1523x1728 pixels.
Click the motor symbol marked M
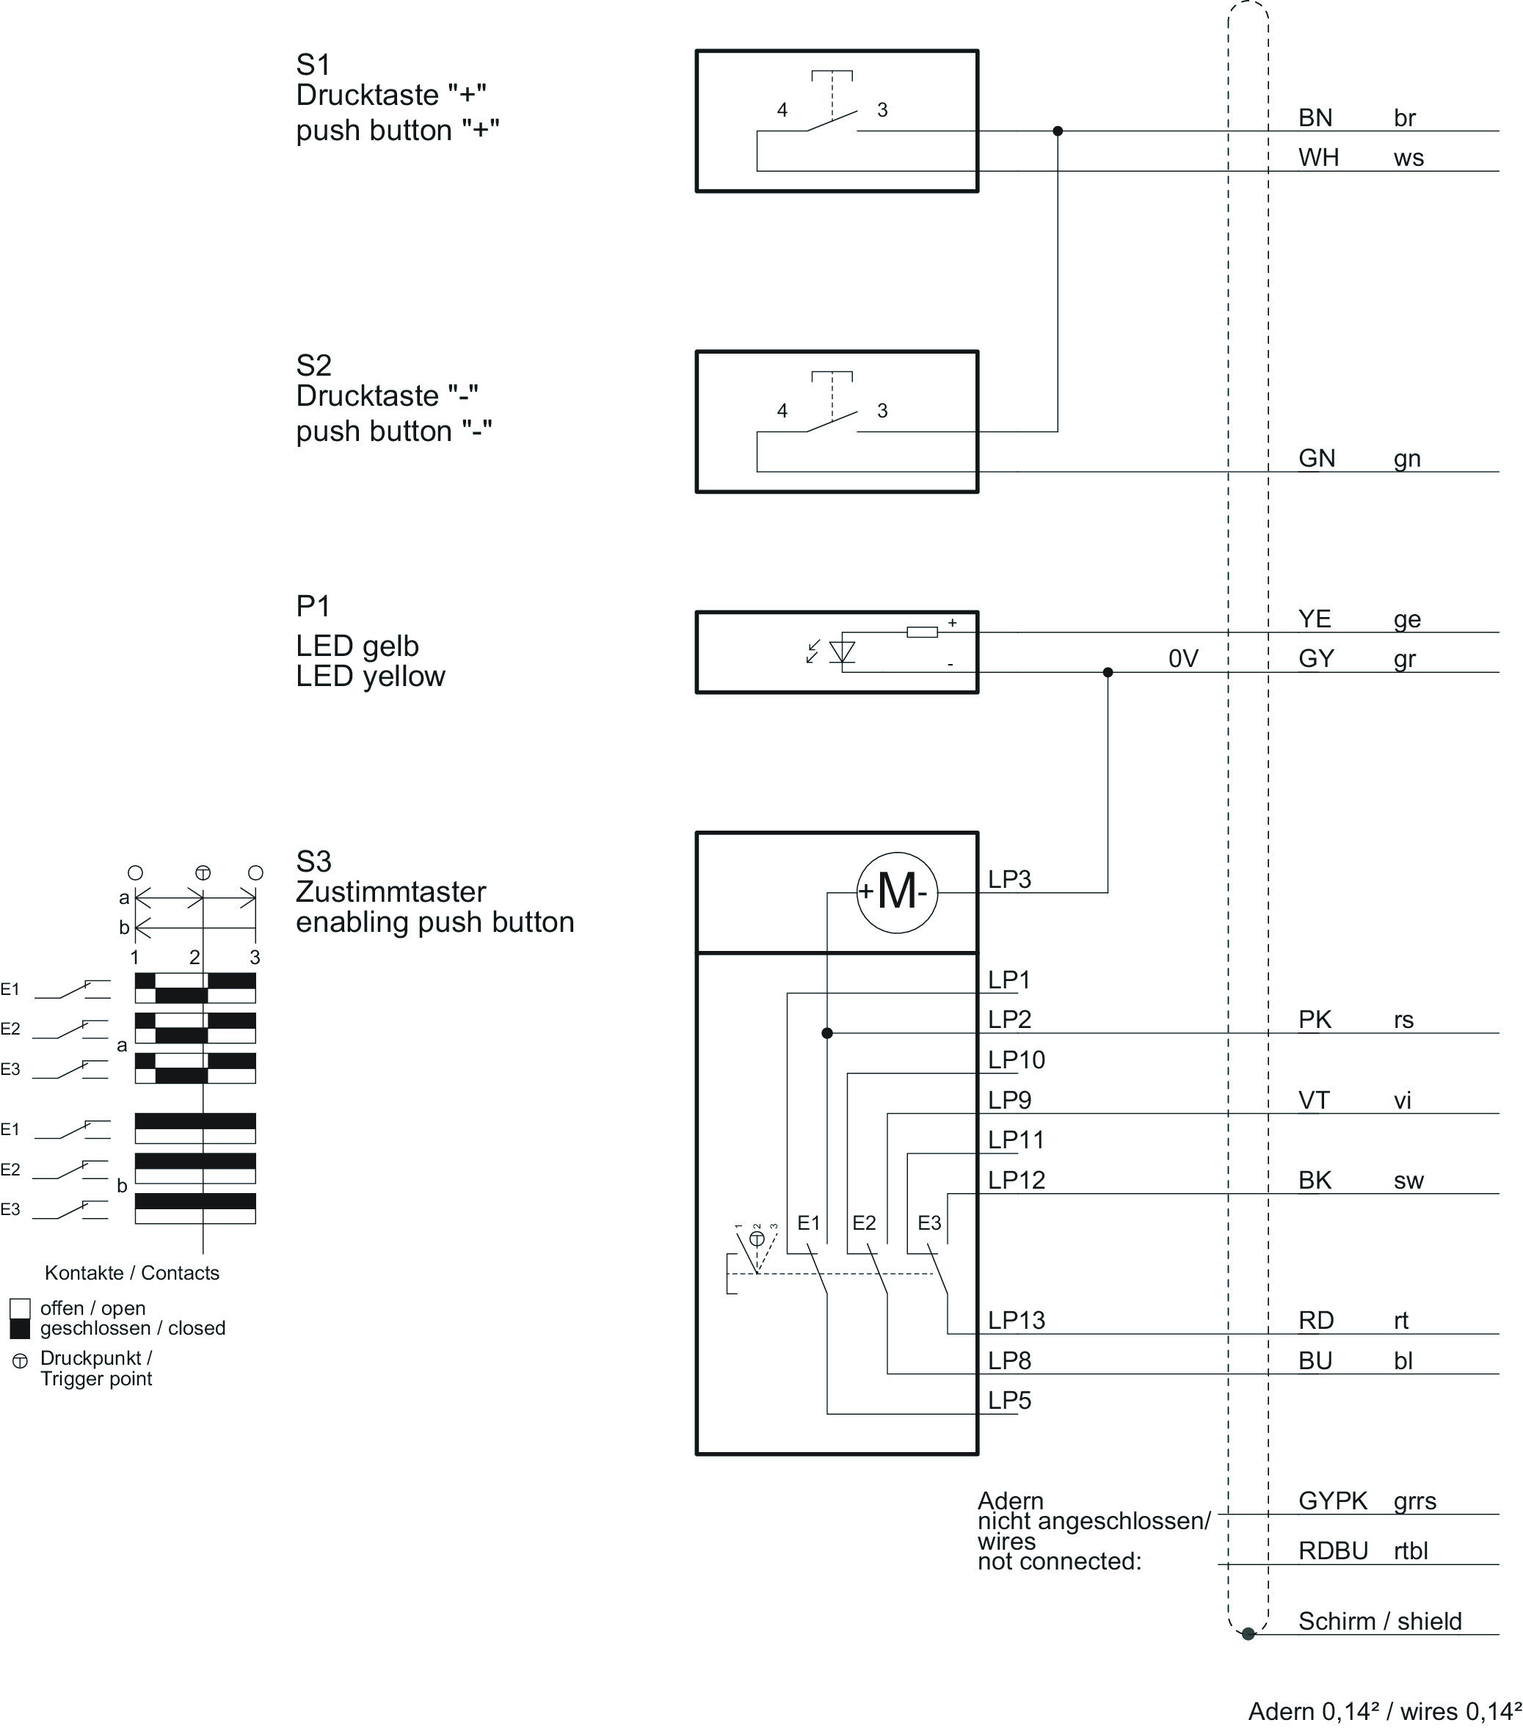click(x=896, y=892)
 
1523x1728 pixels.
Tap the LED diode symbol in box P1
click(x=843, y=652)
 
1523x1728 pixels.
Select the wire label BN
click(x=1315, y=118)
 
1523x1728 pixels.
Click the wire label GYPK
click(x=1333, y=1501)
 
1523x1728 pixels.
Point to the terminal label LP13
click(x=1017, y=1320)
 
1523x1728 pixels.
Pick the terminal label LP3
click(x=1010, y=879)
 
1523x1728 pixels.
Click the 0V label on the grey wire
click(x=1183, y=659)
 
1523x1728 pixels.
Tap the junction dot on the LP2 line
click(x=827, y=1033)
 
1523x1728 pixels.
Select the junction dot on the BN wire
click(x=1057, y=131)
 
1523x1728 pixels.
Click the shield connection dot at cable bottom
click(x=1248, y=1634)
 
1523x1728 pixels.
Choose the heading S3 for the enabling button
click(x=313, y=861)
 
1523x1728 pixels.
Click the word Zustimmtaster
click(x=390, y=892)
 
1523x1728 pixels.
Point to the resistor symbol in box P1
click(x=922, y=632)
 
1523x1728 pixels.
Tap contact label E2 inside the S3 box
click(x=864, y=1222)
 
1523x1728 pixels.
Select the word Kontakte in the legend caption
click(x=84, y=1273)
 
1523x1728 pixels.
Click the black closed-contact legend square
click(x=19, y=1328)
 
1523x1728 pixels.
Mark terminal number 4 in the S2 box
click(x=782, y=411)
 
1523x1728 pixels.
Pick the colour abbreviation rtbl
click(x=1411, y=1551)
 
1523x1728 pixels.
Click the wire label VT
click(x=1314, y=1100)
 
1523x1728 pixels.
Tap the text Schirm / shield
click(x=1380, y=1622)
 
